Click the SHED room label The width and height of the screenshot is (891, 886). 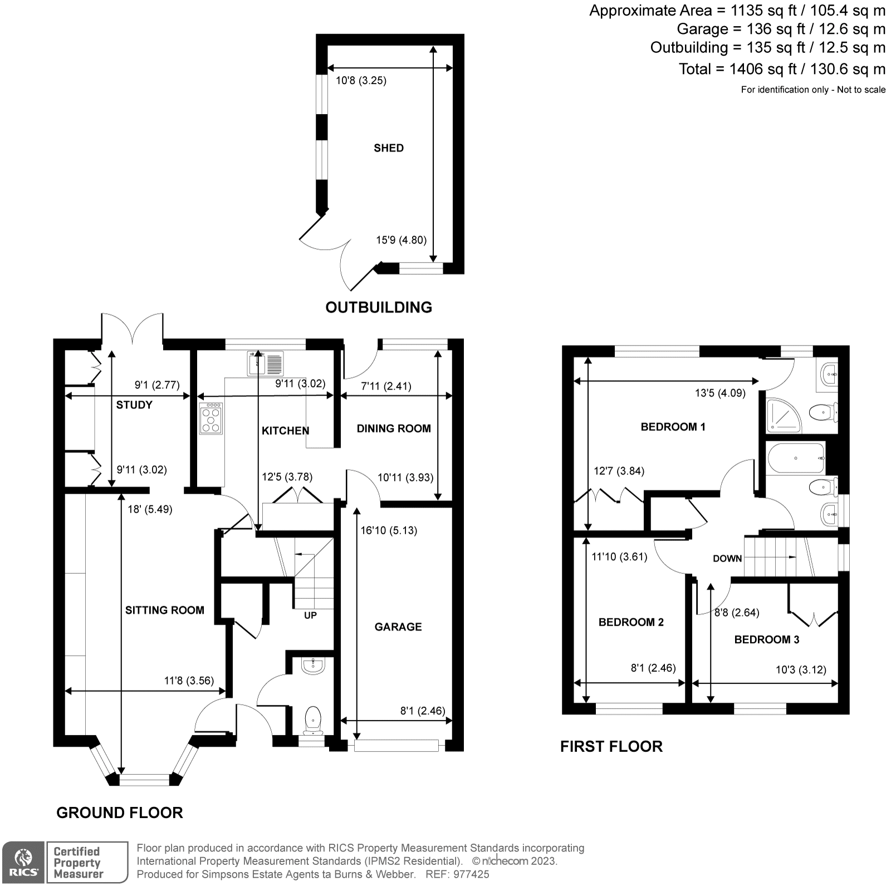pyautogui.click(x=389, y=148)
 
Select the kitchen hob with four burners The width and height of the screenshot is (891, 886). pyautogui.click(x=211, y=417)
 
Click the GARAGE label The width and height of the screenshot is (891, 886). pyautogui.click(x=398, y=627)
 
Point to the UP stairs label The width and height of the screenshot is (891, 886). pyautogui.click(x=310, y=615)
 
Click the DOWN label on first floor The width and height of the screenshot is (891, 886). pyautogui.click(x=727, y=558)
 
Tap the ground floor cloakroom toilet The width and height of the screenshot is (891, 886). pyautogui.click(x=314, y=718)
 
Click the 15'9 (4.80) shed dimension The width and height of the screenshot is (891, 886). pyautogui.click(x=401, y=240)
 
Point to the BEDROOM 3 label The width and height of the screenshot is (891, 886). pyautogui.click(x=766, y=639)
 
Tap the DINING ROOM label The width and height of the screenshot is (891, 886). pyautogui.click(x=393, y=428)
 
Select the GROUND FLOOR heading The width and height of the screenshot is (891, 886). pyautogui.click(x=120, y=813)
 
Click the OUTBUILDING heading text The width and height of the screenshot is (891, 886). pyautogui.click(x=379, y=307)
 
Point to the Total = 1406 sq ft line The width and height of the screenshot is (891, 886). pyautogui.click(x=781, y=69)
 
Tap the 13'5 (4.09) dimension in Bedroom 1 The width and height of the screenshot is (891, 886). pyautogui.click(x=719, y=393)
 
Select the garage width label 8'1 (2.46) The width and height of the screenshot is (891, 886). pyautogui.click(x=423, y=710)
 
